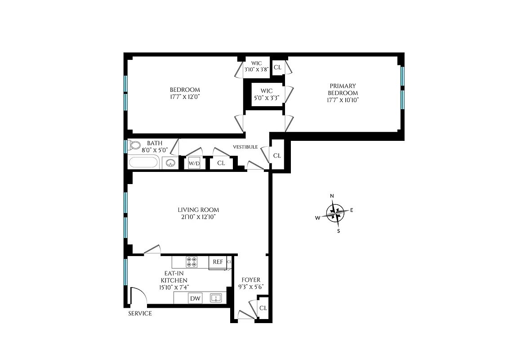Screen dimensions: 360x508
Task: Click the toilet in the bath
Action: (134, 146)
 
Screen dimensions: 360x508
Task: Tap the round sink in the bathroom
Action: (170, 163)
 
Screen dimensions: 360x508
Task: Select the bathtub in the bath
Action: (144, 162)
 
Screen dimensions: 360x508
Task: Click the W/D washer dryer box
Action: (194, 163)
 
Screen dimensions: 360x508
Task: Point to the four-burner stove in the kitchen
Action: (192, 262)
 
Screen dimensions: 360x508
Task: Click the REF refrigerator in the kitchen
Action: (218, 262)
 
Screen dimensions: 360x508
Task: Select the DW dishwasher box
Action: (195, 298)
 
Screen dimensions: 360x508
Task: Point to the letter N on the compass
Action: (332, 196)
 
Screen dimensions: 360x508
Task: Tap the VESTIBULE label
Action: (245, 147)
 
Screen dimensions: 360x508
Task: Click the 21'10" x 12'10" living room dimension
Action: (198, 217)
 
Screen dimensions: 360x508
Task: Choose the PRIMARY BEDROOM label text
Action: (343, 90)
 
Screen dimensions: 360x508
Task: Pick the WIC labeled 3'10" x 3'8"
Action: (256, 67)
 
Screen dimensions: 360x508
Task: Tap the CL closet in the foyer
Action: (263, 308)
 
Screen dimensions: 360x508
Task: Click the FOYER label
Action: (250, 280)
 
